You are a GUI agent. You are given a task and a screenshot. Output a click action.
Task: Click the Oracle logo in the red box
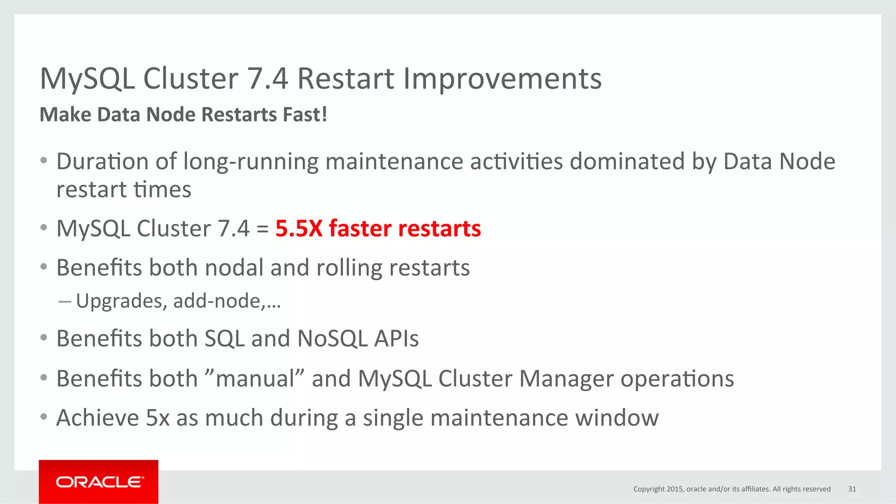click(99, 482)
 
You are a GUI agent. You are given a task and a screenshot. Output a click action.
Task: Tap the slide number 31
click(852, 489)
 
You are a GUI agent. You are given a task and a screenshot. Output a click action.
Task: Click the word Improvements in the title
click(502, 79)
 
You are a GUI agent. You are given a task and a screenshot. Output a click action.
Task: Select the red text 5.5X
click(299, 229)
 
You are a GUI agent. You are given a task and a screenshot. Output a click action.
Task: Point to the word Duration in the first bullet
click(102, 161)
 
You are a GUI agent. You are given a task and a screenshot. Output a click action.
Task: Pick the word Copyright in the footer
click(649, 489)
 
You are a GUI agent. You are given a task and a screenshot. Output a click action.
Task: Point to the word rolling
click(349, 268)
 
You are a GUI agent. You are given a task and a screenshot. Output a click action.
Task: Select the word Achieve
click(98, 418)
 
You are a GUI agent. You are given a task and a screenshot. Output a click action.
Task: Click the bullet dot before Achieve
click(43, 417)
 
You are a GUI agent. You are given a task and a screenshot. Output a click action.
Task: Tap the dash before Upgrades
click(64, 302)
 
